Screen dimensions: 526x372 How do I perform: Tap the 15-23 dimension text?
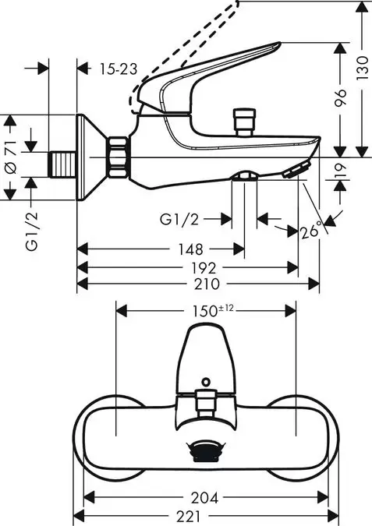[x=119, y=69]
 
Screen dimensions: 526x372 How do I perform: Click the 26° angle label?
[x=311, y=231]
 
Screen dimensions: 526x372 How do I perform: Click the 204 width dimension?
[x=205, y=497]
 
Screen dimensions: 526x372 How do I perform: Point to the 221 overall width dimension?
[x=205, y=515]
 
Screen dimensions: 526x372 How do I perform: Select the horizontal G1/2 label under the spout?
[x=179, y=220]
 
